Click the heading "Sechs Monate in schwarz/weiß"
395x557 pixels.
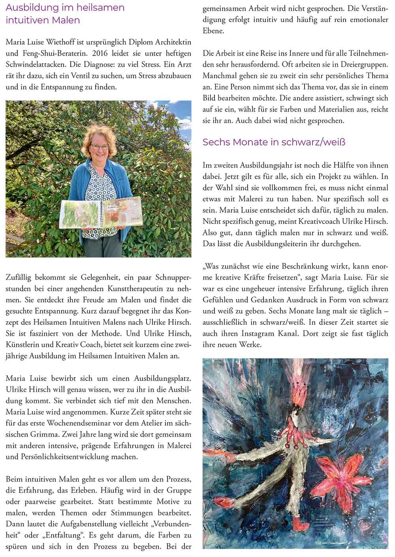(274, 142)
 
